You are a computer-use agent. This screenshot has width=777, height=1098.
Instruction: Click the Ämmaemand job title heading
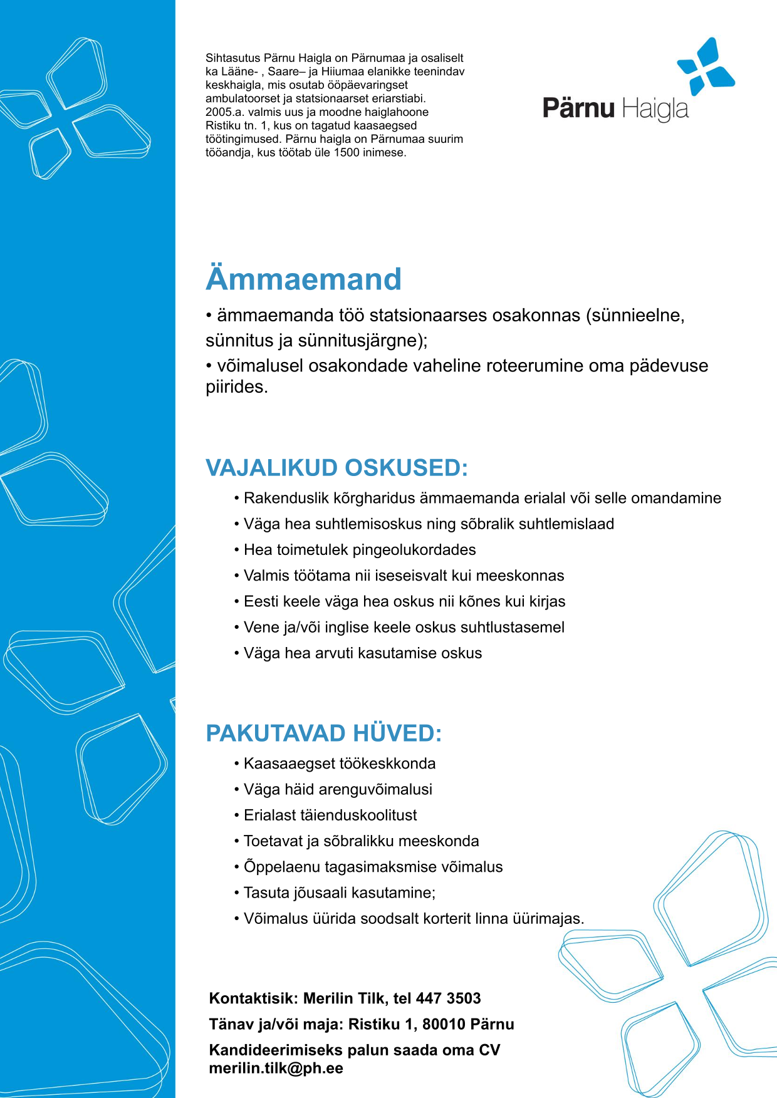click(303, 279)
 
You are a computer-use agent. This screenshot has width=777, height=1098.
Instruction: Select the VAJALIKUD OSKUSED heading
click(336, 468)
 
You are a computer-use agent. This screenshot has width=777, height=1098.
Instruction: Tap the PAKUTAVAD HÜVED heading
click(323, 733)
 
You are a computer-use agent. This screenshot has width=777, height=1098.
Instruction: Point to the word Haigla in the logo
click(655, 109)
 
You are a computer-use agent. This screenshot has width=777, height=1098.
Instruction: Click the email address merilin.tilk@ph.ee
click(276, 1068)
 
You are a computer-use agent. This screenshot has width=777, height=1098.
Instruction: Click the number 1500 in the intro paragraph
click(346, 152)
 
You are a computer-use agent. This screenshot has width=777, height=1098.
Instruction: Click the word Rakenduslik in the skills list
click(285, 498)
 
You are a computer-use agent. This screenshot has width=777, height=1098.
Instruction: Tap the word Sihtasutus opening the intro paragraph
click(232, 58)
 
